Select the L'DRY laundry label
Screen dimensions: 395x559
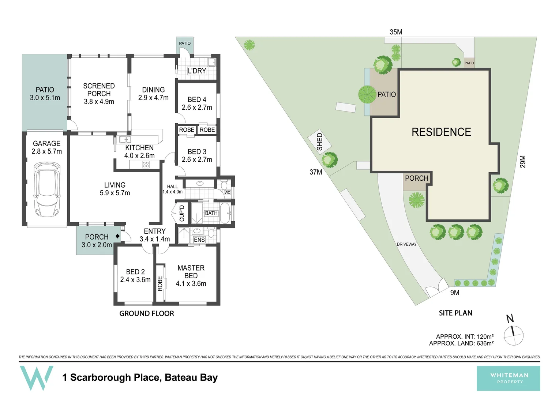click(x=197, y=71)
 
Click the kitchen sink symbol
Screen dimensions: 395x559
click(x=125, y=139)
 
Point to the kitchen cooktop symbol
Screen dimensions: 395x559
click(x=146, y=165)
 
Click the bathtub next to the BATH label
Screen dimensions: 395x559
click(x=225, y=213)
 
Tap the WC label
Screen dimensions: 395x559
click(x=227, y=192)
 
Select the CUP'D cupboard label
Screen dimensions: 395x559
click(x=182, y=213)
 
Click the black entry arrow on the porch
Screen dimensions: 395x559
click(x=117, y=236)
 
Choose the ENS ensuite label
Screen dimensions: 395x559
click(x=199, y=240)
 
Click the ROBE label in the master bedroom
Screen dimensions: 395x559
click(x=160, y=283)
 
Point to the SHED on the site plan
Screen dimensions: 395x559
click(x=319, y=142)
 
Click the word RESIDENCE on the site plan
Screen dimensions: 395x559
click(x=441, y=132)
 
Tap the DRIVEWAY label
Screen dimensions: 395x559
click(x=406, y=244)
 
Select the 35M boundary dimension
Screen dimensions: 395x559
click(x=396, y=32)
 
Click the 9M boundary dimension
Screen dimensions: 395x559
click(x=454, y=293)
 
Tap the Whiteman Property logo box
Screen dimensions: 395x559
click(x=508, y=378)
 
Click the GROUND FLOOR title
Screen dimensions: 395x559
click(x=147, y=313)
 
